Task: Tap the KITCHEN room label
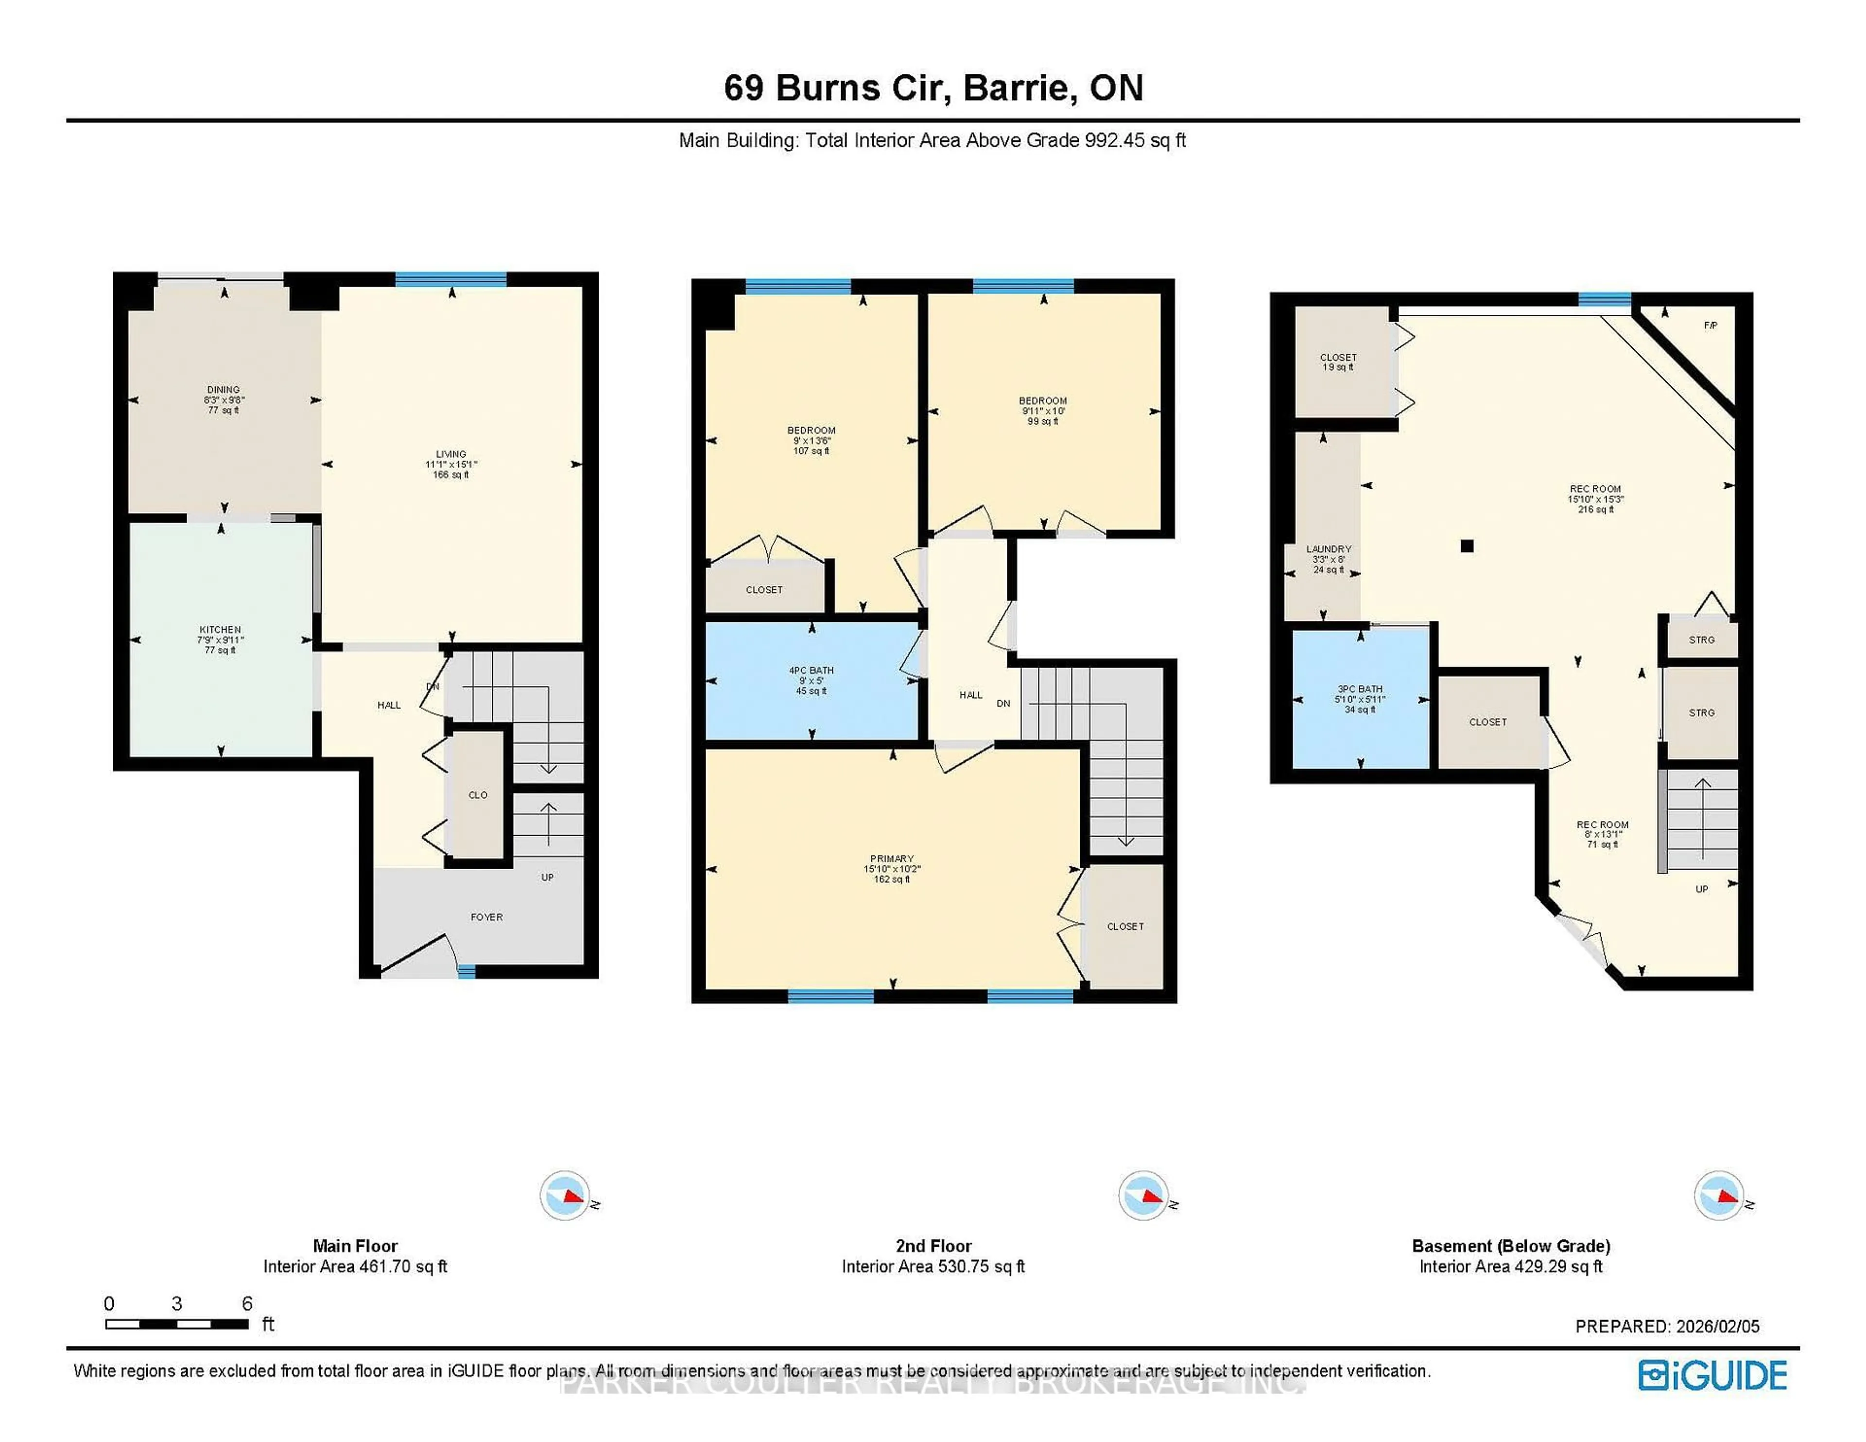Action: coord(221,630)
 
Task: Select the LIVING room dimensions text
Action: coord(451,465)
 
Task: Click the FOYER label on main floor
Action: coord(486,917)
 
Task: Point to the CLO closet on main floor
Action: coord(478,794)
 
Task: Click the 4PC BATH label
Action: coord(811,670)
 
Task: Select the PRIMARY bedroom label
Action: coord(892,858)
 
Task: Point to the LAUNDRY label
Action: coord(1329,549)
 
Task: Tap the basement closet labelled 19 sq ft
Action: coord(1338,362)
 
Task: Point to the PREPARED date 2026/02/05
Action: coord(1717,1327)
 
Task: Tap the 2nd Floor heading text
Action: coord(933,1246)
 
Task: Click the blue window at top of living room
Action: coord(450,278)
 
